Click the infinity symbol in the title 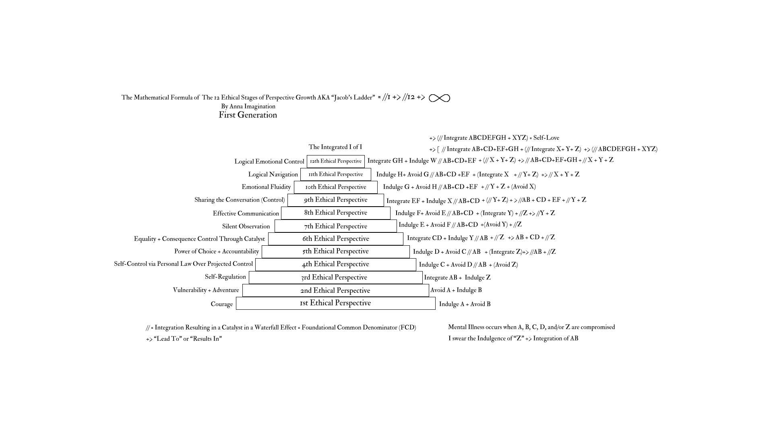(x=439, y=98)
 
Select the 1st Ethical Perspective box (x=335, y=303)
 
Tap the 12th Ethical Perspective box (x=335, y=161)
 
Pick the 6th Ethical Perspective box (x=335, y=239)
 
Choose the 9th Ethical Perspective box (x=335, y=200)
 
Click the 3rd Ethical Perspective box (x=335, y=278)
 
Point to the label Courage (x=221, y=304)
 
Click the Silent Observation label (x=246, y=226)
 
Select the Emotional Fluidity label (x=266, y=187)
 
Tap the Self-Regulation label (x=225, y=277)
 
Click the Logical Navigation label (x=273, y=174)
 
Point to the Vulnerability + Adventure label (x=206, y=290)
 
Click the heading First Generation (x=248, y=115)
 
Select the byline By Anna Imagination (x=248, y=106)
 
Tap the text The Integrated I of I (x=335, y=147)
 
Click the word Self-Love (x=546, y=138)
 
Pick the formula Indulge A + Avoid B (x=465, y=304)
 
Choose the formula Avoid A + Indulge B (x=456, y=290)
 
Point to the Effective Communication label (x=246, y=213)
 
